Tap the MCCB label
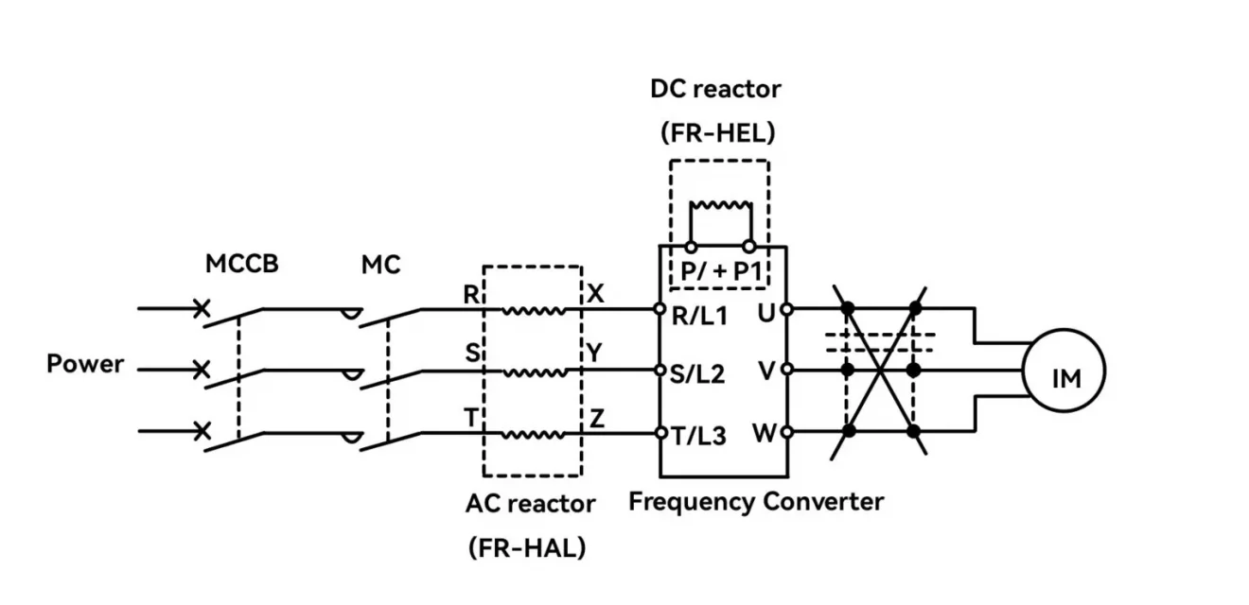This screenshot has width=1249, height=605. pyautogui.click(x=242, y=265)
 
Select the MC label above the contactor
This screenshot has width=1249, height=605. pyautogui.click(x=380, y=265)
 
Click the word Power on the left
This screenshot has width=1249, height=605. pyautogui.click(x=85, y=364)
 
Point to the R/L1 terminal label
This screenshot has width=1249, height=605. pyautogui.click(x=699, y=318)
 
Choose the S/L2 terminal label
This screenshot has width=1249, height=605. pyautogui.click(x=699, y=374)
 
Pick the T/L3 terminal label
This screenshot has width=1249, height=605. pyautogui.click(x=699, y=436)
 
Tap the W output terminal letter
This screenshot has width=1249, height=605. pyautogui.click(x=765, y=434)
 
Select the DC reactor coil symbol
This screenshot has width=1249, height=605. pyautogui.click(x=720, y=205)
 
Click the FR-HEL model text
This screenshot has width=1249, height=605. pyautogui.click(x=717, y=133)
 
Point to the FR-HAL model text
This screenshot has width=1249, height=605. pyautogui.click(x=527, y=547)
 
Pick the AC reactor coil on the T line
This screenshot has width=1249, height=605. pyautogui.click(x=533, y=434)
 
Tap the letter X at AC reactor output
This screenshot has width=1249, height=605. pyautogui.click(x=596, y=294)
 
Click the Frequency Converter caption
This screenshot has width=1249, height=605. pyautogui.click(x=756, y=501)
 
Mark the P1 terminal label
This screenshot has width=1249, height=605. pyautogui.click(x=748, y=272)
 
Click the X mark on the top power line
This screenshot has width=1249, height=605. pyautogui.click(x=201, y=308)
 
